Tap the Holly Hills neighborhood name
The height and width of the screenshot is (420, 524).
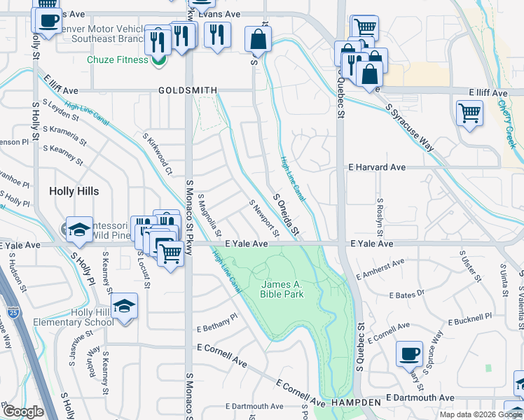pyautogui.click(x=74, y=191)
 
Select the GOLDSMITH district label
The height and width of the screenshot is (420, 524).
pyautogui.click(x=188, y=90)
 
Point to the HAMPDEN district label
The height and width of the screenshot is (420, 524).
pyautogui.click(x=357, y=402)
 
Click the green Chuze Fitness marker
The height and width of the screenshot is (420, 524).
pyautogui.click(x=159, y=60)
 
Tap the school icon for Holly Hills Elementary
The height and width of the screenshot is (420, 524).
pyautogui.click(x=124, y=307)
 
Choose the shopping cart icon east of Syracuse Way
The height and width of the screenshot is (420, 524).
pyautogui.click(x=469, y=112)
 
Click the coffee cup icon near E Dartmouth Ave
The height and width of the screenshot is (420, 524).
pyautogui.click(x=409, y=355)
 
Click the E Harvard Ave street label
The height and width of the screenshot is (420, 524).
pyautogui.click(x=377, y=168)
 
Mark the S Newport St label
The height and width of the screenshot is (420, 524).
pyautogui.click(x=264, y=217)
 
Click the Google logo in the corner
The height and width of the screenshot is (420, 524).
pyautogui.click(x=22, y=412)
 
